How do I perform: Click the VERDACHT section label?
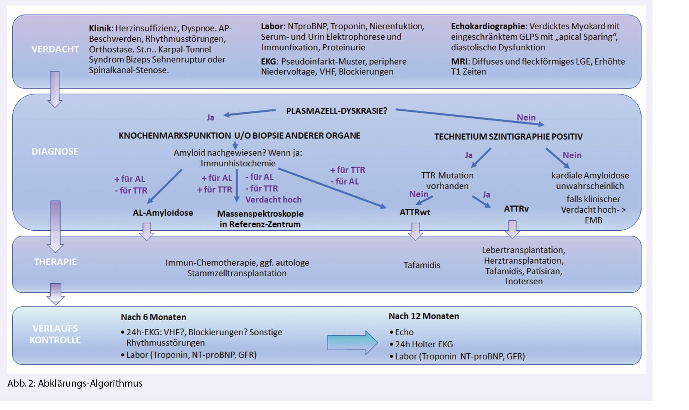pyautogui.click(x=55, y=49)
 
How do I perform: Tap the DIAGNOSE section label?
pyautogui.click(x=55, y=151)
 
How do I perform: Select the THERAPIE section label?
pyautogui.click(x=55, y=262)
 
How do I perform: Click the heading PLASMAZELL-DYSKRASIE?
pyautogui.click(x=337, y=111)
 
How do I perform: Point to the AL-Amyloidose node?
pyautogui.click(x=163, y=213)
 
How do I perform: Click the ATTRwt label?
pyautogui.click(x=415, y=212)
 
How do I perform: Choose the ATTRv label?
pyautogui.click(x=516, y=209)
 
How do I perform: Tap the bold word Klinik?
pyautogui.click(x=100, y=28)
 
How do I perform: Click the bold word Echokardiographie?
pyautogui.click(x=488, y=26)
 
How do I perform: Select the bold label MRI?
pyautogui.click(x=459, y=62)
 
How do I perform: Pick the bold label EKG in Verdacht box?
pyautogui.click(x=268, y=62)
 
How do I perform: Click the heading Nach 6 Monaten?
pyautogui.click(x=153, y=317)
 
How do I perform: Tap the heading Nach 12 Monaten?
pyautogui.click(x=424, y=316)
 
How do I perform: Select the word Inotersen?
pyautogui.click(x=524, y=281)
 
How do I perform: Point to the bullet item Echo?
pyautogui.click(x=404, y=332)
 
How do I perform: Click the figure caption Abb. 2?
pyautogui.click(x=75, y=384)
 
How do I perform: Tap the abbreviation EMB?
pyautogui.click(x=593, y=220)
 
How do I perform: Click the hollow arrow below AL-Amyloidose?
pyautogui.click(x=147, y=231)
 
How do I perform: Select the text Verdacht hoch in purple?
pyautogui.click(x=273, y=200)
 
